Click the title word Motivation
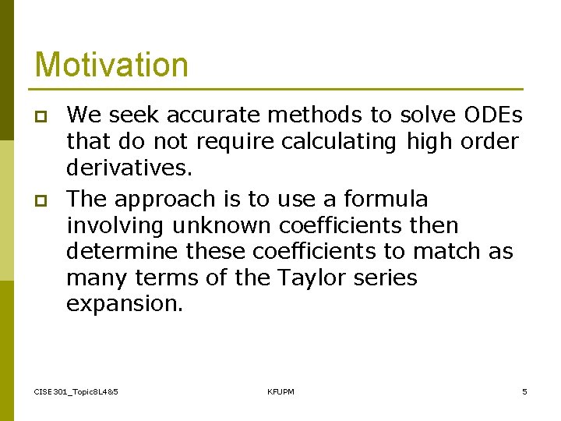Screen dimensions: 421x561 click(111, 65)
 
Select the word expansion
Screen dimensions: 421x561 click(125, 305)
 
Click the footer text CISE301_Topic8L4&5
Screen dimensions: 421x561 click(76, 391)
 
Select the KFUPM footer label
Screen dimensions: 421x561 click(280, 391)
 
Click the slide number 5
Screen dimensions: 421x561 click(524, 391)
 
